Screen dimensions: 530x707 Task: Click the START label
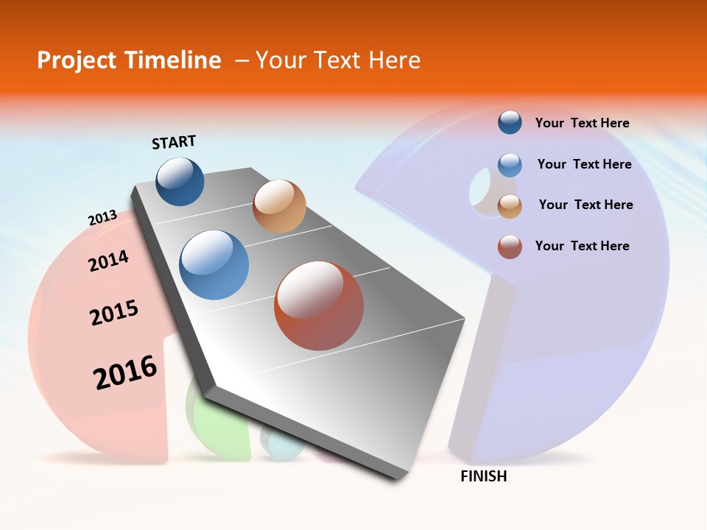[x=174, y=142]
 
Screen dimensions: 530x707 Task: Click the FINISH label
[x=484, y=476]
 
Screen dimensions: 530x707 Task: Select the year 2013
[x=102, y=218]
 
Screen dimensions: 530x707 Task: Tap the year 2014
[x=108, y=261]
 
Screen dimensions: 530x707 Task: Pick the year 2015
[x=114, y=313]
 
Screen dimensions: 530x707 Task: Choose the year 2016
[x=125, y=372]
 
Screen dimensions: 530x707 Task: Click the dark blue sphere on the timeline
[x=180, y=181]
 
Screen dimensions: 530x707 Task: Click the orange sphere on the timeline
[x=279, y=205]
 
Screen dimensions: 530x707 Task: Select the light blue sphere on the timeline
[x=214, y=265]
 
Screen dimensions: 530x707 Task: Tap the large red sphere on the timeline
[x=319, y=305]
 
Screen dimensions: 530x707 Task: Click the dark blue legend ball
[x=510, y=122]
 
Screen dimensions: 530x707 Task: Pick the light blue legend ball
[x=510, y=165]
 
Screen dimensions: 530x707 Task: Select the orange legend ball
[x=510, y=206]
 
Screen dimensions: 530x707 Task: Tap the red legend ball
[x=510, y=247]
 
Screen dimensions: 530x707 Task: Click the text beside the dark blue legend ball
[x=582, y=123]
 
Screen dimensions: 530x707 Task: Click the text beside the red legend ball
[x=582, y=246]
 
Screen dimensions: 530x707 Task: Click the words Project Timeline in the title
[x=129, y=60]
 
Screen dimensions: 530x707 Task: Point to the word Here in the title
[x=394, y=60]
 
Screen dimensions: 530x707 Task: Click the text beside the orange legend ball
[x=585, y=205]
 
